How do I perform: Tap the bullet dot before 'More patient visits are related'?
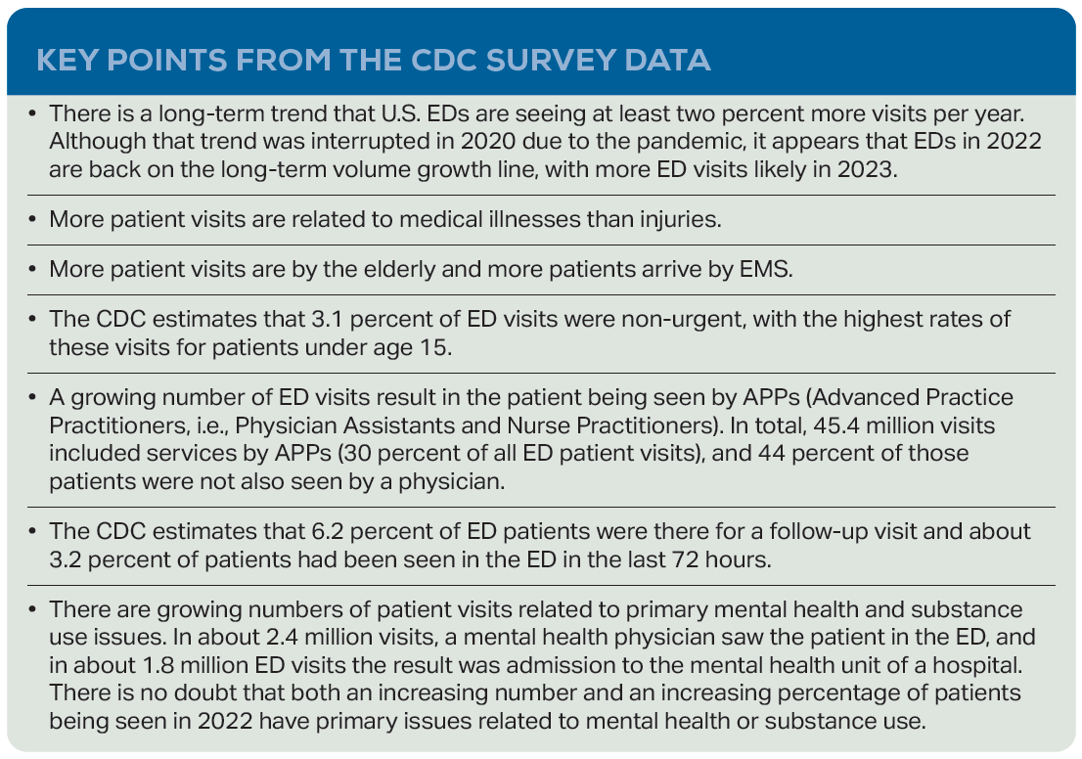point(32,218)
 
